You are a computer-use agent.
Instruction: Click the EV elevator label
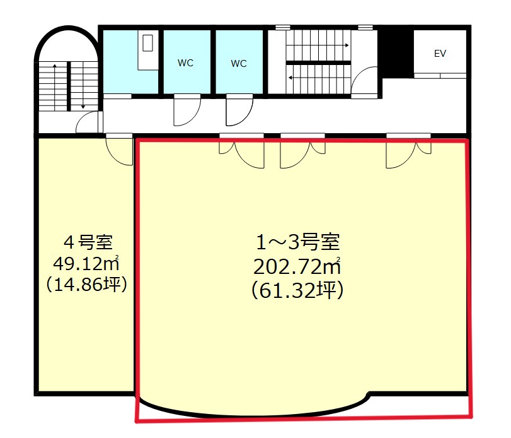440,54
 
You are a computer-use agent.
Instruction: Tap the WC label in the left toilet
185,63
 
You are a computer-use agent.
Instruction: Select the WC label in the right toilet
238,63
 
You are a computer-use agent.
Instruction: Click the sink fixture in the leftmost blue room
148,43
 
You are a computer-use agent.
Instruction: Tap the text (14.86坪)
88,284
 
